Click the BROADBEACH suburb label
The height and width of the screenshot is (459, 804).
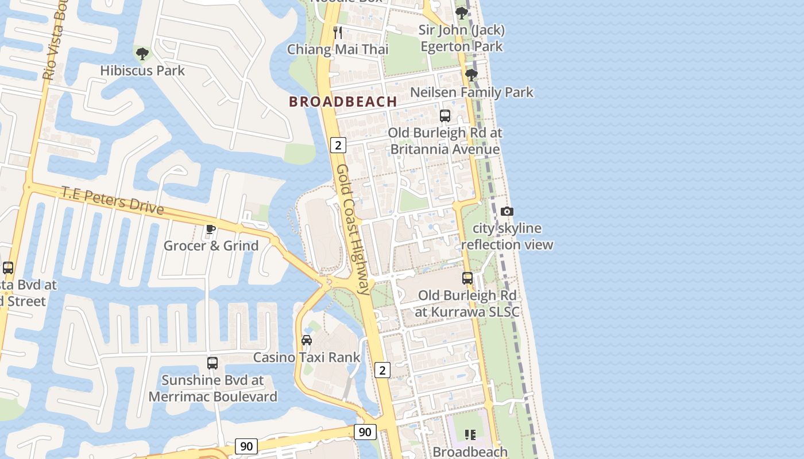[343, 102]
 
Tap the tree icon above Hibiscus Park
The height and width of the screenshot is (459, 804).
[142, 54]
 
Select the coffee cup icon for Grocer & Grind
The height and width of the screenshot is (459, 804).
[211, 229]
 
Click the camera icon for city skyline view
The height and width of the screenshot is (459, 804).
[507, 211]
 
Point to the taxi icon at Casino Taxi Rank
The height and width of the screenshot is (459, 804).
[307, 340]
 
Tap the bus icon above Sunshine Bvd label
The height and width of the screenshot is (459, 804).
[212, 363]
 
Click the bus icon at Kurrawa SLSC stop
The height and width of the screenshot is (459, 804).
[467, 278]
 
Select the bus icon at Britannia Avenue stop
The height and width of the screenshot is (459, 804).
[445, 116]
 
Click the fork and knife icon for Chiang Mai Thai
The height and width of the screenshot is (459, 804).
[338, 33]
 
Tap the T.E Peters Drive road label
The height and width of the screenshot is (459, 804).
[113, 200]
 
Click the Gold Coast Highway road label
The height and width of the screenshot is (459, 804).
[353, 229]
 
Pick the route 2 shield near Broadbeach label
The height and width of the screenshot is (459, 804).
[338, 145]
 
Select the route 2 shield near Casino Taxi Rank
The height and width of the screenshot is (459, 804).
[382, 370]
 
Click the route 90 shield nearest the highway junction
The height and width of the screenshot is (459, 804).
[365, 432]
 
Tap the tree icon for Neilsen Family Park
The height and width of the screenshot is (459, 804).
[471, 75]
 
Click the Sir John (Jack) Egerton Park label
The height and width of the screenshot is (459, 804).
[462, 38]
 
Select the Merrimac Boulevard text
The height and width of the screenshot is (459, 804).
[212, 396]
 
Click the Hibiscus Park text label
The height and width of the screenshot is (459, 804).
[142, 71]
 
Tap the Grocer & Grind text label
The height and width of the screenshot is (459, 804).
[211, 246]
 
